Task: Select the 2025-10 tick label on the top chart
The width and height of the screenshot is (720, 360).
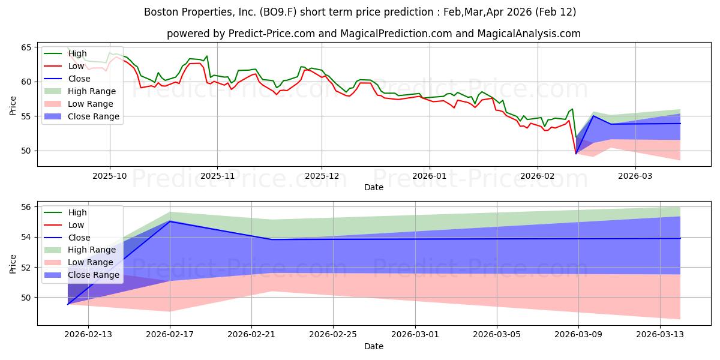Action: [109, 175]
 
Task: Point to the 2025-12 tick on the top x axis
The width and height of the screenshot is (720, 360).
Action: [322, 175]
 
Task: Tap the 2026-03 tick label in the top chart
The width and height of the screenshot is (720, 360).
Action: [635, 175]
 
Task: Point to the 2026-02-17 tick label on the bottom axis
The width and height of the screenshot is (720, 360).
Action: [170, 334]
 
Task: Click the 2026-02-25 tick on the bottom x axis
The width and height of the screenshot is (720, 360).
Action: [334, 334]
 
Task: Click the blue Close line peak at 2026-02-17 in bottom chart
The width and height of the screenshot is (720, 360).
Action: [170, 221]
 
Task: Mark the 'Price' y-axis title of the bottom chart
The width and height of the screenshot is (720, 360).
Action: [13, 263]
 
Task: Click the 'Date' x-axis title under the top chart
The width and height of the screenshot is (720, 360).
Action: [373, 187]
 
